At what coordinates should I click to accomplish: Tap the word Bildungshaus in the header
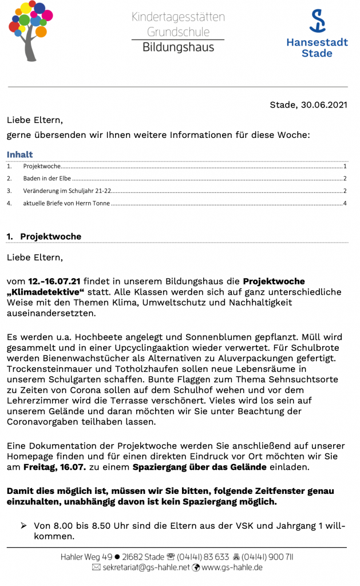(178, 47)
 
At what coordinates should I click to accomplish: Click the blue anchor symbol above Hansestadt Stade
(317, 21)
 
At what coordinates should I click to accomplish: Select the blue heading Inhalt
(19, 155)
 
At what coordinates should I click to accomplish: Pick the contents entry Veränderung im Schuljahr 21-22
(67, 191)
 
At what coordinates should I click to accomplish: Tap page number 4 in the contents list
(345, 203)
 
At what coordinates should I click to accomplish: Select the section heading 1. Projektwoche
(44, 236)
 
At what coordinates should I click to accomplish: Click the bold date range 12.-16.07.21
(54, 281)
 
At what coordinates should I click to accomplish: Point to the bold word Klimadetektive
(46, 292)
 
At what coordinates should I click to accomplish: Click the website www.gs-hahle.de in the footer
(232, 567)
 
